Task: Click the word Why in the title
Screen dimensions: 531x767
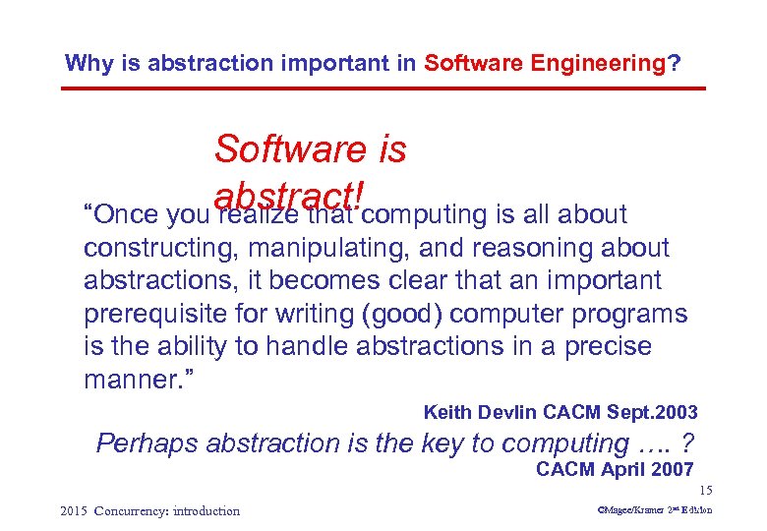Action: [x=87, y=64]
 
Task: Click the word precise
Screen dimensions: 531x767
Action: [x=606, y=346]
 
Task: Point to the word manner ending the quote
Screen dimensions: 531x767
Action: [x=138, y=380]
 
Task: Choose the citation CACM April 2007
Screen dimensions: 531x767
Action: [x=615, y=470]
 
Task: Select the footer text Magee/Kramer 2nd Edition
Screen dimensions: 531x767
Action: [x=645, y=510]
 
